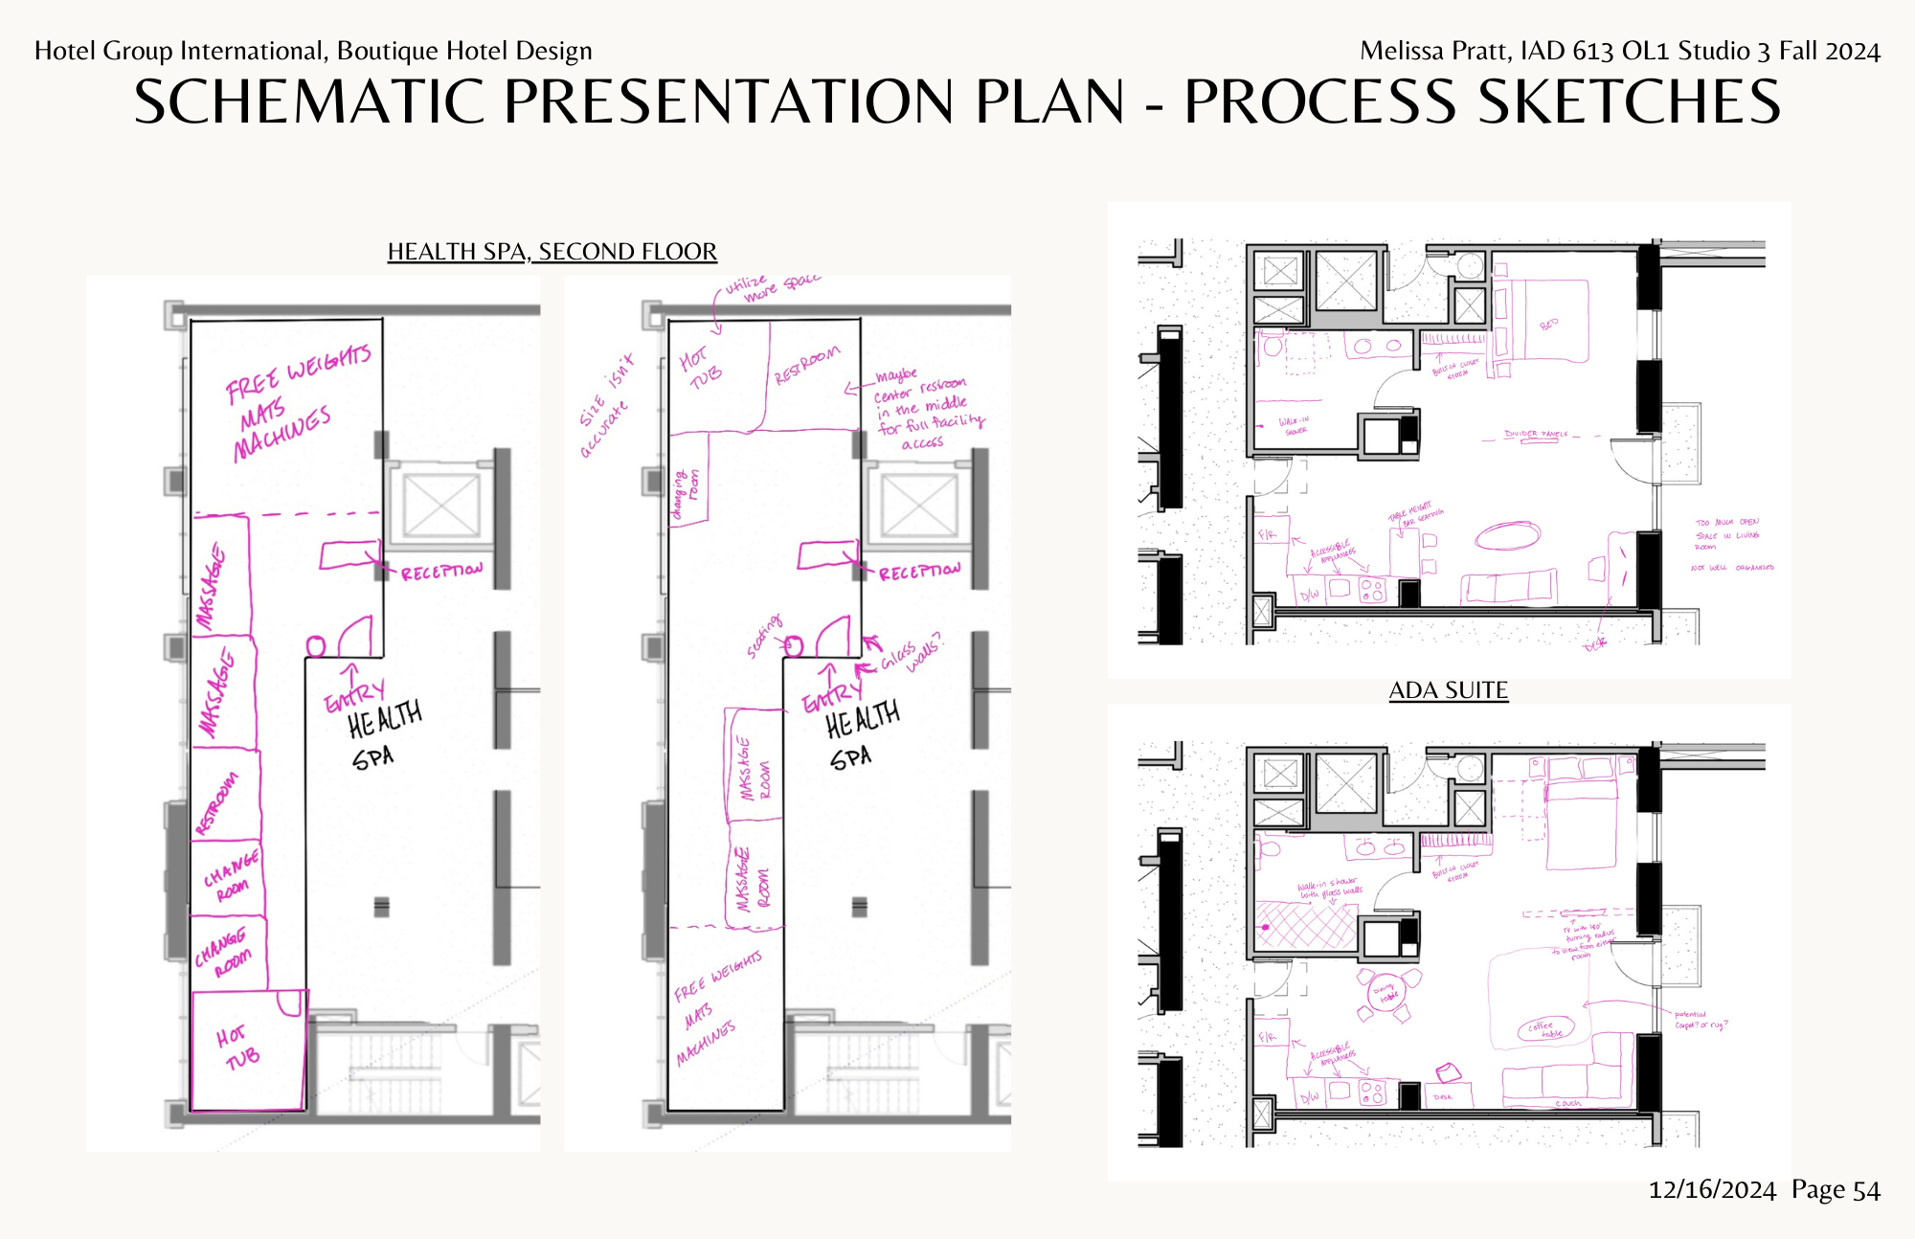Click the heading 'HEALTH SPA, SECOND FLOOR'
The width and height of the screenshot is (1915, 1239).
[552, 252]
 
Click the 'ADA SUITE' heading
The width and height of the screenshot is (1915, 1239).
[1448, 690]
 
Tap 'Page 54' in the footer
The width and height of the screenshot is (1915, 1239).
[1836, 1190]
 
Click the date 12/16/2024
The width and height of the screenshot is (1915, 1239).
[1711, 1190]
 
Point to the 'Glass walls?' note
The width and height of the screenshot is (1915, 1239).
[910, 653]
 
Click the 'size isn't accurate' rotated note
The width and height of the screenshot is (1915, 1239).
[606, 405]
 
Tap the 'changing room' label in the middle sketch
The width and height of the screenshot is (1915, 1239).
[687, 492]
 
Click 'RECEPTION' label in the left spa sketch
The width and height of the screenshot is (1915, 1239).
[441, 572]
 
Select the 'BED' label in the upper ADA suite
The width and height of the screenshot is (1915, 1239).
[1548, 325]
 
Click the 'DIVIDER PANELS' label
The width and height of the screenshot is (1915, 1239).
[1536, 434]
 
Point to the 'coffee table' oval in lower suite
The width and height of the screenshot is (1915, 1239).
[1544, 1029]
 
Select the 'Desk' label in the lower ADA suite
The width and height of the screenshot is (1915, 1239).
[1442, 1097]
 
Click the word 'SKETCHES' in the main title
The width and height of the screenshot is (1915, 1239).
[1628, 101]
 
